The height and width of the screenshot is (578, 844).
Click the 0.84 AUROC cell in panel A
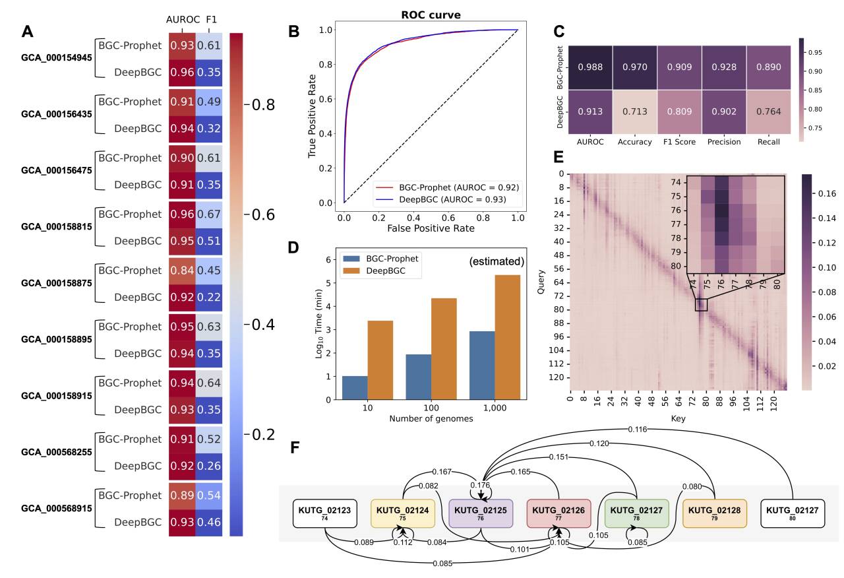181,271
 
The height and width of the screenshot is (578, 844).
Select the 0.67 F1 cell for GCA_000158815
208,214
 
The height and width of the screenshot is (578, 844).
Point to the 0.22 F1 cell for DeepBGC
208,298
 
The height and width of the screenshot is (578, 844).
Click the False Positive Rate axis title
431,228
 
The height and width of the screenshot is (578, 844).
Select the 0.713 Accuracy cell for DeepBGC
635,112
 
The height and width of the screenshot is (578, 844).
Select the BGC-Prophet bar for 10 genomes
355,387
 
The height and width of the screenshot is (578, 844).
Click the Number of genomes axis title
431,418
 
